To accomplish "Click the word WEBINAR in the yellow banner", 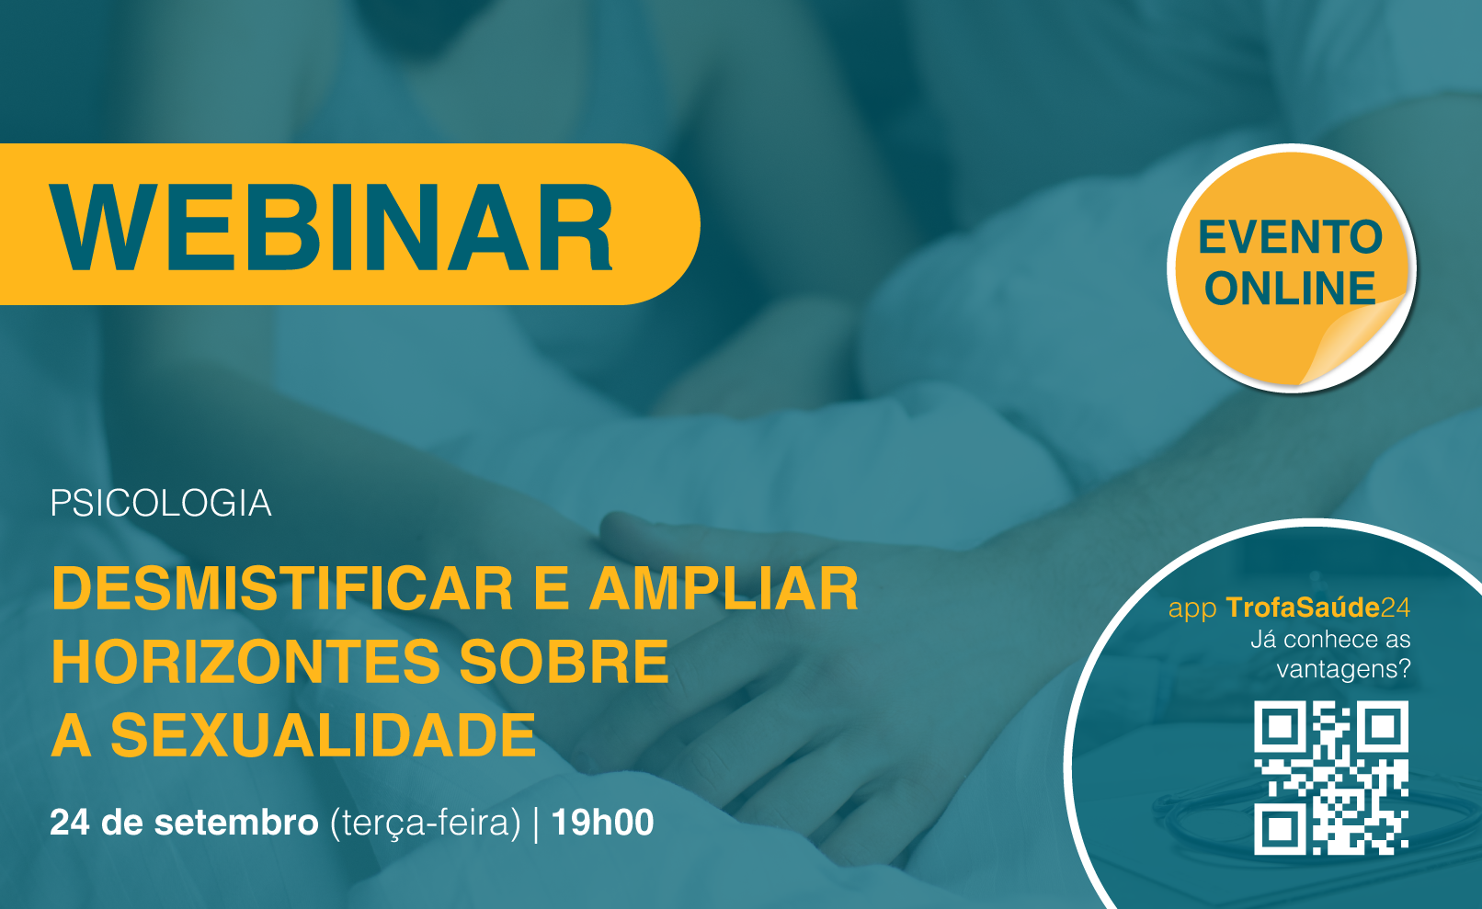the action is pyautogui.click(x=331, y=227).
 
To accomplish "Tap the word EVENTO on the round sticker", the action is pyautogui.click(x=1290, y=237).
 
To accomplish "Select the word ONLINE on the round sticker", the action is pyautogui.click(x=1290, y=289).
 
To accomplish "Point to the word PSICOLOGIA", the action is pyautogui.click(x=161, y=504).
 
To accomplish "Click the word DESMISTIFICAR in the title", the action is pyautogui.click(x=282, y=588).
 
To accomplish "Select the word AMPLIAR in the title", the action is pyautogui.click(x=724, y=588).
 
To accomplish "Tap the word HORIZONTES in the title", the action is pyautogui.click(x=245, y=662).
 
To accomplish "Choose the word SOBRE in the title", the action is pyautogui.click(x=564, y=662).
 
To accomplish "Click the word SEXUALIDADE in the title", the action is pyautogui.click(x=324, y=735).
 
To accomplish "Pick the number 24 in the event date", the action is pyautogui.click(x=70, y=823).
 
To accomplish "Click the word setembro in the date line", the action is pyautogui.click(x=236, y=823).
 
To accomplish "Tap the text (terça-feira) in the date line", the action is pyautogui.click(x=426, y=824).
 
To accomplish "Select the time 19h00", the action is pyautogui.click(x=602, y=823).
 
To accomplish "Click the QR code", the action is pyautogui.click(x=1331, y=778).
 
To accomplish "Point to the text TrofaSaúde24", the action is pyautogui.click(x=1318, y=608).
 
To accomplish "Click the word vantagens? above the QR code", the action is pyautogui.click(x=1344, y=669).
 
